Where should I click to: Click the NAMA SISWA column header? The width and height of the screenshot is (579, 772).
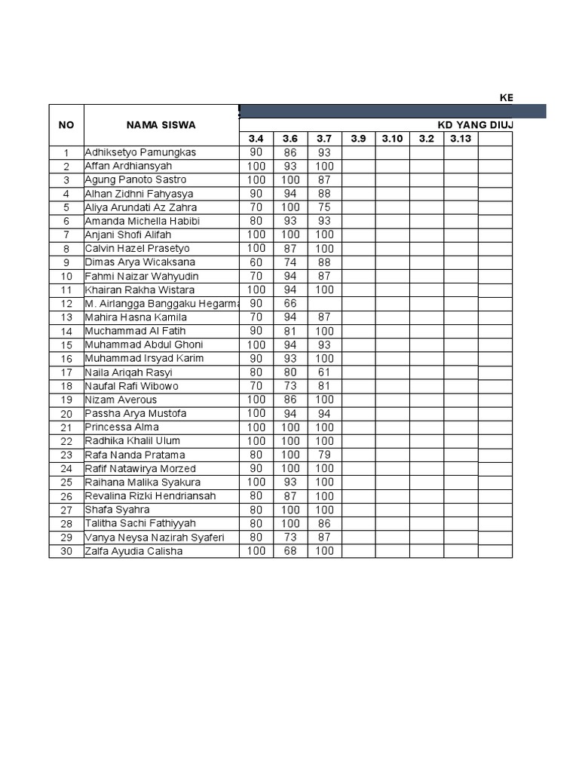coord(161,124)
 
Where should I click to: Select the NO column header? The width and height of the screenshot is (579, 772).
coord(66,124)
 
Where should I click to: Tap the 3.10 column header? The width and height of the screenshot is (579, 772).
coord(392,139)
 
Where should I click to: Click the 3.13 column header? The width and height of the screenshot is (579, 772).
coord(461,139)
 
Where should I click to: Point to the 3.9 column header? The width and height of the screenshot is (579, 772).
coord(358,139)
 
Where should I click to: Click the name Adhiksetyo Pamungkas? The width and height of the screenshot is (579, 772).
coord(140,152)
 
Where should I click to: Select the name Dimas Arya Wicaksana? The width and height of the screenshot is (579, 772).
coord(140,262)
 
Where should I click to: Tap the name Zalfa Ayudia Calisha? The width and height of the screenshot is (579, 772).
coord(135,551)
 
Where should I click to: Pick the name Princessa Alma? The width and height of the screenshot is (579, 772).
coord(122,427)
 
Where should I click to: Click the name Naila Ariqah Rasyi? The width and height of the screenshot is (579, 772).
coord(129,372)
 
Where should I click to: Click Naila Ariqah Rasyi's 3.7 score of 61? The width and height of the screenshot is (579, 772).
coord(324,372)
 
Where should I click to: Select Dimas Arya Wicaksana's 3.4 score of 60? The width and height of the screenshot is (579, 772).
coord(256,262)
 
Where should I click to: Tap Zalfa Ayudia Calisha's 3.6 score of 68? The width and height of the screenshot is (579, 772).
coord(290,551)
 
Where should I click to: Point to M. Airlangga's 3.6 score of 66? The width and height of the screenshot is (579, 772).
coord(290,304)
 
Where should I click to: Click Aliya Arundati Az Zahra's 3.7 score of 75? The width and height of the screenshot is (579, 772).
coord(324,207)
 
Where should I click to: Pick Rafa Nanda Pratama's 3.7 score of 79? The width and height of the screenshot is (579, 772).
coord(324,455)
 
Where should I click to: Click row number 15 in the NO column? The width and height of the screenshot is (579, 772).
coord(66,345)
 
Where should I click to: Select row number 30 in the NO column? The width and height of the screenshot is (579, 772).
coord(66,552)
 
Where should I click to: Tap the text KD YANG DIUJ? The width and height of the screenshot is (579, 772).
coord(476,125)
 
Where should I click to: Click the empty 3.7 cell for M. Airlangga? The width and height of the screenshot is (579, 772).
coord(324,304)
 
